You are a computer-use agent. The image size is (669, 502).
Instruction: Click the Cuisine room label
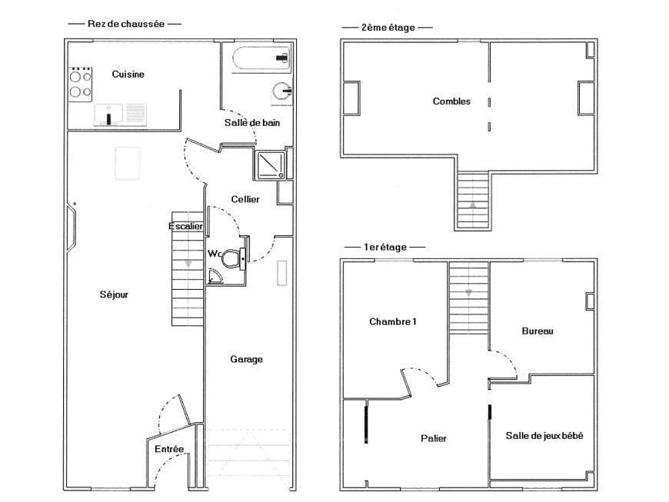click(x=128, y=75)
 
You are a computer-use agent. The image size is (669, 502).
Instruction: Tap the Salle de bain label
click(x=252, y=123)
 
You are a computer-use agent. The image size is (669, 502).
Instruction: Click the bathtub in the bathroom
click(x=261, y=58)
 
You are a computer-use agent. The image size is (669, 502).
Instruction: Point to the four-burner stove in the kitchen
click(x=81, y=85)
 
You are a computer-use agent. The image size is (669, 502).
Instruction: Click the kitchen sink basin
click(x=108, y=115)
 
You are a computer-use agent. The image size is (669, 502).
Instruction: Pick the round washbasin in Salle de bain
click(x=282, y=91)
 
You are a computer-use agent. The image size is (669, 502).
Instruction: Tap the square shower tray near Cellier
click(x=271, y=165)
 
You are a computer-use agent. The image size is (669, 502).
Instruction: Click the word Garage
click(x=247, y=360)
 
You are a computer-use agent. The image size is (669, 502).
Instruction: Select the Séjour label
click(x=114, y=294)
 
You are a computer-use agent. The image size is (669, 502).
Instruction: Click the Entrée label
click(x=169, y=449)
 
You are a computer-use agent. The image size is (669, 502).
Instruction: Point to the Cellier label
click(x=245, y=199)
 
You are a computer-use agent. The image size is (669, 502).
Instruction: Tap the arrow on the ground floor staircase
click(x=188, y=264)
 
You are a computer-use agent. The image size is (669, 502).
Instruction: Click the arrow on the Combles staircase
click(x=473, y=205)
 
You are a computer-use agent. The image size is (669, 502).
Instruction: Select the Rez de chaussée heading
click(x=126, y=24)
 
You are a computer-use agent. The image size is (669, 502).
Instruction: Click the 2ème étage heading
click(x=388, y=28)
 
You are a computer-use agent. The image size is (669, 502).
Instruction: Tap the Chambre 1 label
click(x=393, y=321)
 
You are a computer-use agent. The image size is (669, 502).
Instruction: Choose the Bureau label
click(x=538, y=331)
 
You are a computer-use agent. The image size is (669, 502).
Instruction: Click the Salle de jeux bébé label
click(x=544, y=436)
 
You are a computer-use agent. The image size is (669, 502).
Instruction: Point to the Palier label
click(x=434, y=438)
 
